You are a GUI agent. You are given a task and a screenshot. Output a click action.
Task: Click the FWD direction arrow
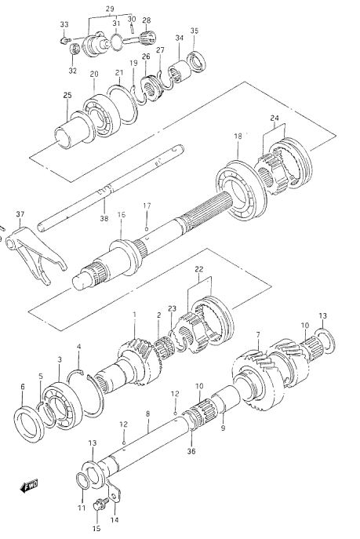point(29,486)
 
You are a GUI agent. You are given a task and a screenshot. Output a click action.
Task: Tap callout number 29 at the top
point(110,9)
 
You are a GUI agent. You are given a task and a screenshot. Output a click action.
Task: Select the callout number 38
point(104,218)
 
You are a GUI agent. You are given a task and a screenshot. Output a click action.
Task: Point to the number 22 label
point(199,269)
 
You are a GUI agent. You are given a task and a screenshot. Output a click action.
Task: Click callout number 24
point(275,118)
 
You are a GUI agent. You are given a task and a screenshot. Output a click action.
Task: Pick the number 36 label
point(191,451)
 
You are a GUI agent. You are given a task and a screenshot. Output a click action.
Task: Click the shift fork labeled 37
point(35,254)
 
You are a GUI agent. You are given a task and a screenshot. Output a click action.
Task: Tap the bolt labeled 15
point(100,505)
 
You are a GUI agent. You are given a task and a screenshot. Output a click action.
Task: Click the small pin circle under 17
point(147,229)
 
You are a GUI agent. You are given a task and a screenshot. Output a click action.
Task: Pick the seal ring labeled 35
point(197,62)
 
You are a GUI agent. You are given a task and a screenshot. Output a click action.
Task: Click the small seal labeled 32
point(75,49)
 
